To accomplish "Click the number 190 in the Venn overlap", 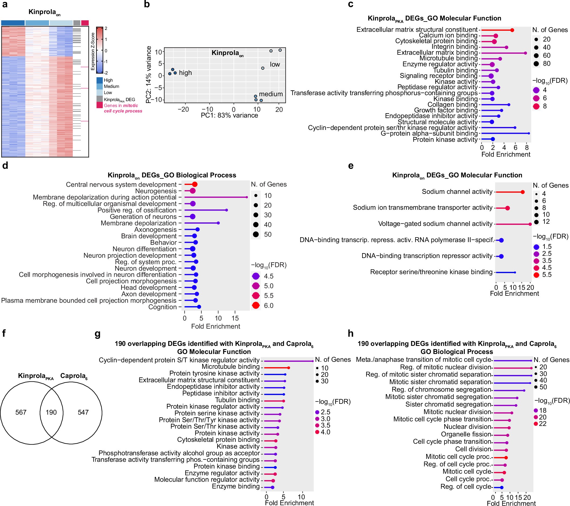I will (51, 412).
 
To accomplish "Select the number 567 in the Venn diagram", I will (21, 412).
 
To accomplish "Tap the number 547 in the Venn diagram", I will (83, 412).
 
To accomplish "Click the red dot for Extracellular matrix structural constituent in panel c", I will (512, 30).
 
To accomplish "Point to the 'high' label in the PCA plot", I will (185, 73).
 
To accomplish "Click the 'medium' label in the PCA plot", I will (271, 94).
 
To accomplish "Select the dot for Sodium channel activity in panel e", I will (523, 192).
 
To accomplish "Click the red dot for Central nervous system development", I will (195, 184).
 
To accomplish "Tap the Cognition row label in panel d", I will (162, 307).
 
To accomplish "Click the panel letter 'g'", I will (97, 334).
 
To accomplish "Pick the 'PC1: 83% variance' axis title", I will (229, 116).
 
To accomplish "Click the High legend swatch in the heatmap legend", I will (100, 80).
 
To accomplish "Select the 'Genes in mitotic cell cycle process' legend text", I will (123, 108).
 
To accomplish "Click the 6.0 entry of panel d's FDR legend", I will (268, 306).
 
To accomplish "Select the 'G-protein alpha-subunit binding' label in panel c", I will (429, 133).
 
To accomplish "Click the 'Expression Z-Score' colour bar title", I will (93, 51).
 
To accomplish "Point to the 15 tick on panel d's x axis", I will (235, 318).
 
